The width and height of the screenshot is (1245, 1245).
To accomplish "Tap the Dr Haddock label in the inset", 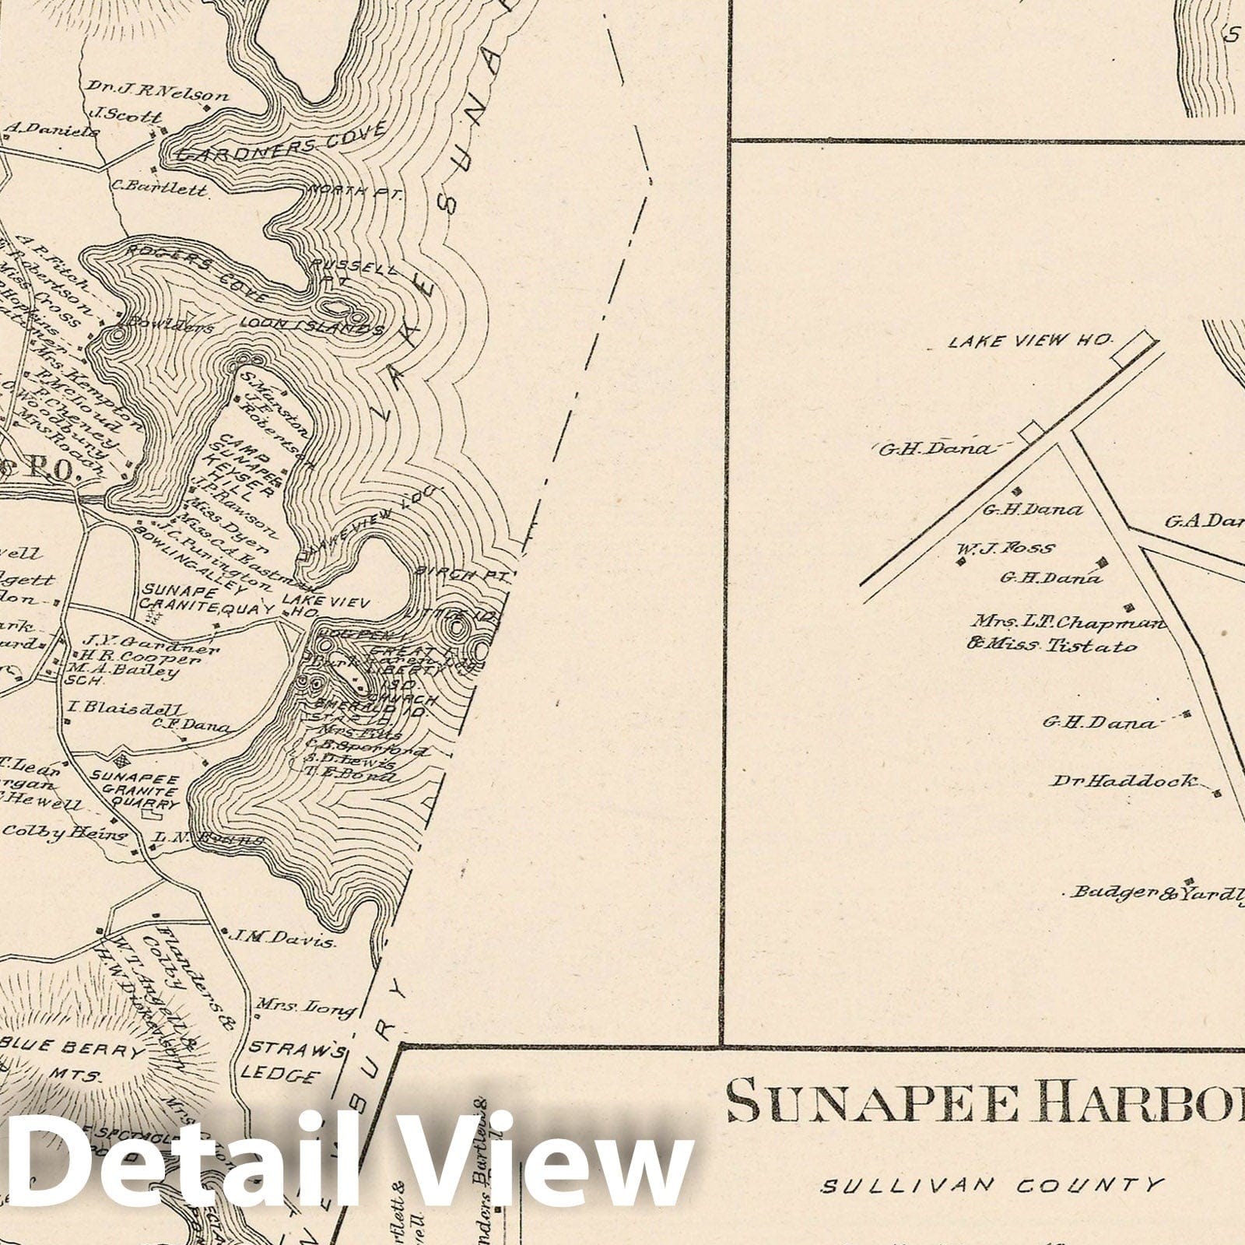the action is (1126, 780).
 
